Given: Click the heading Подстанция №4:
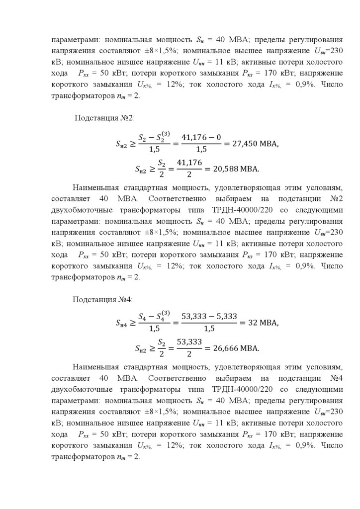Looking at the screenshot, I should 102,299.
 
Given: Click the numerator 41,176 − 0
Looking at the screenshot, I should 201,137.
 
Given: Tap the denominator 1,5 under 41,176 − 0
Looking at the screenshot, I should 201,150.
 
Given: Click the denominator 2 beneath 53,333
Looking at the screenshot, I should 189,354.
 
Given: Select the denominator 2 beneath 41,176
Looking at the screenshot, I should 189,175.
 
